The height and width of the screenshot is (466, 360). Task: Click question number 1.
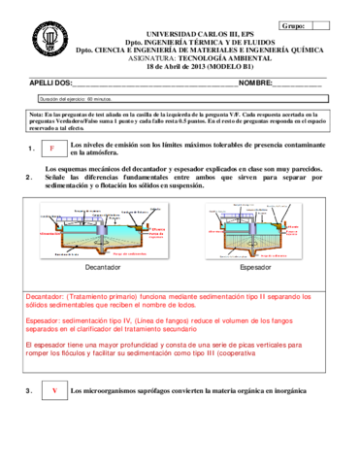point(32,150)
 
